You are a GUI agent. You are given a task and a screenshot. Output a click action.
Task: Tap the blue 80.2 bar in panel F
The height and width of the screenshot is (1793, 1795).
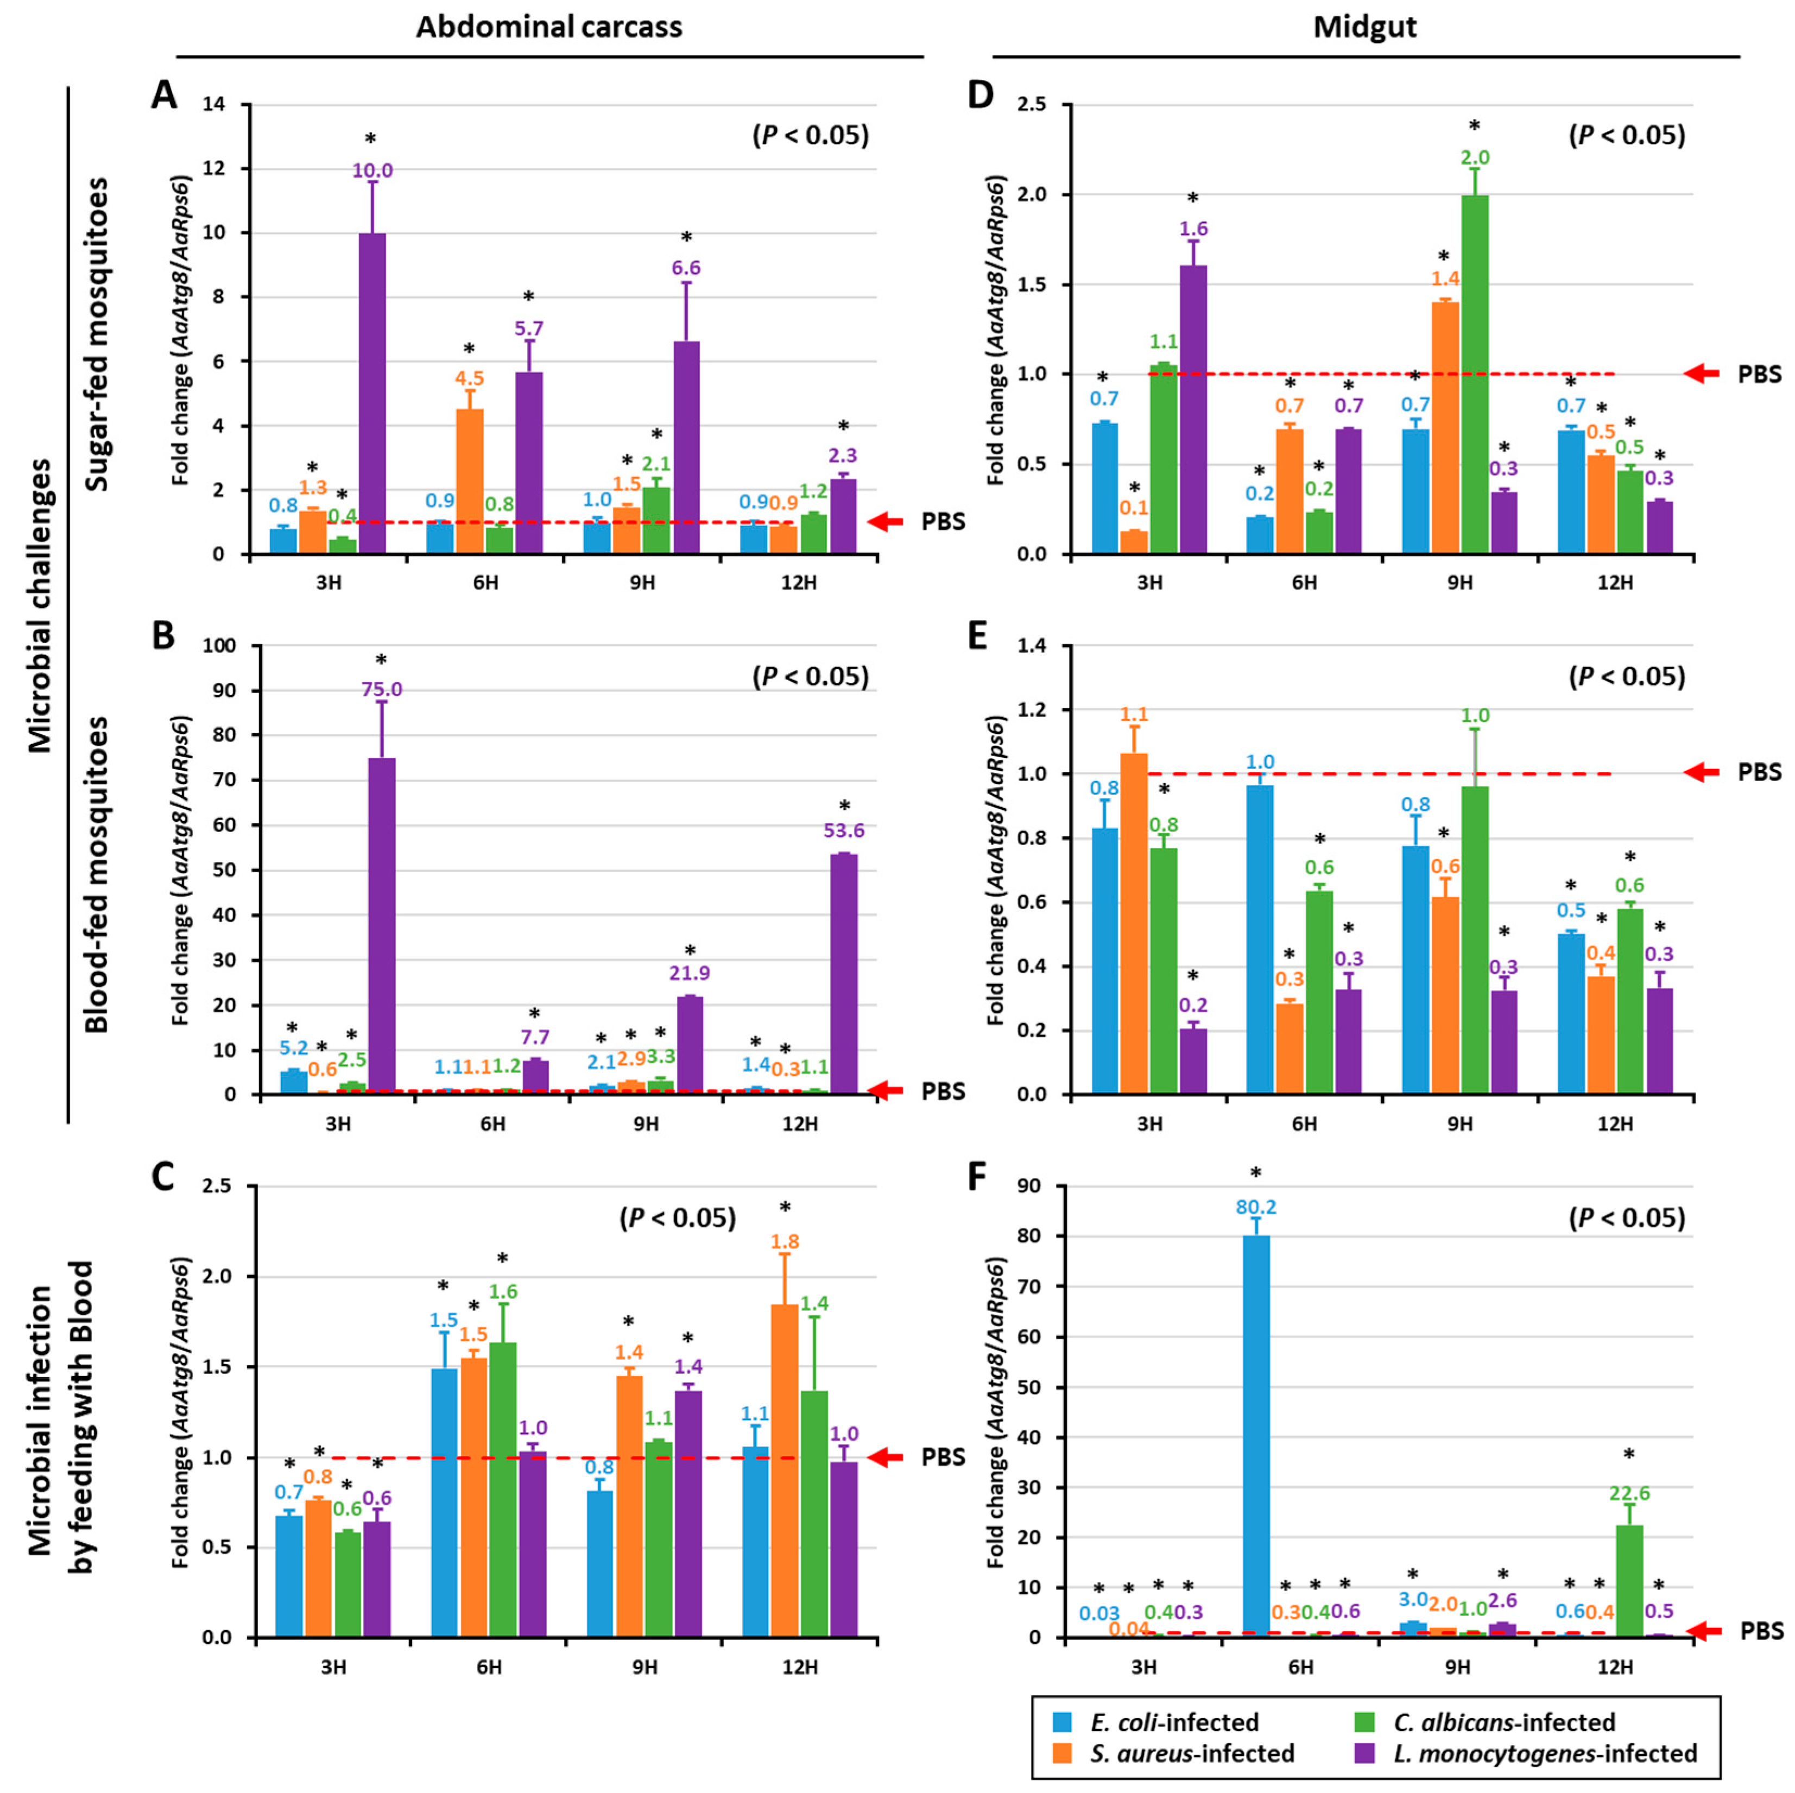[x=1256, y=1435]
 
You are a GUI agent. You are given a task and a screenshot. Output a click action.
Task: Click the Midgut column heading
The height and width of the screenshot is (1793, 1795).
[x=1365, y=28]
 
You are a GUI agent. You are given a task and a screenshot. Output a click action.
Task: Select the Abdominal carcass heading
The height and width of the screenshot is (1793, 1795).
[x=548, y=27]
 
